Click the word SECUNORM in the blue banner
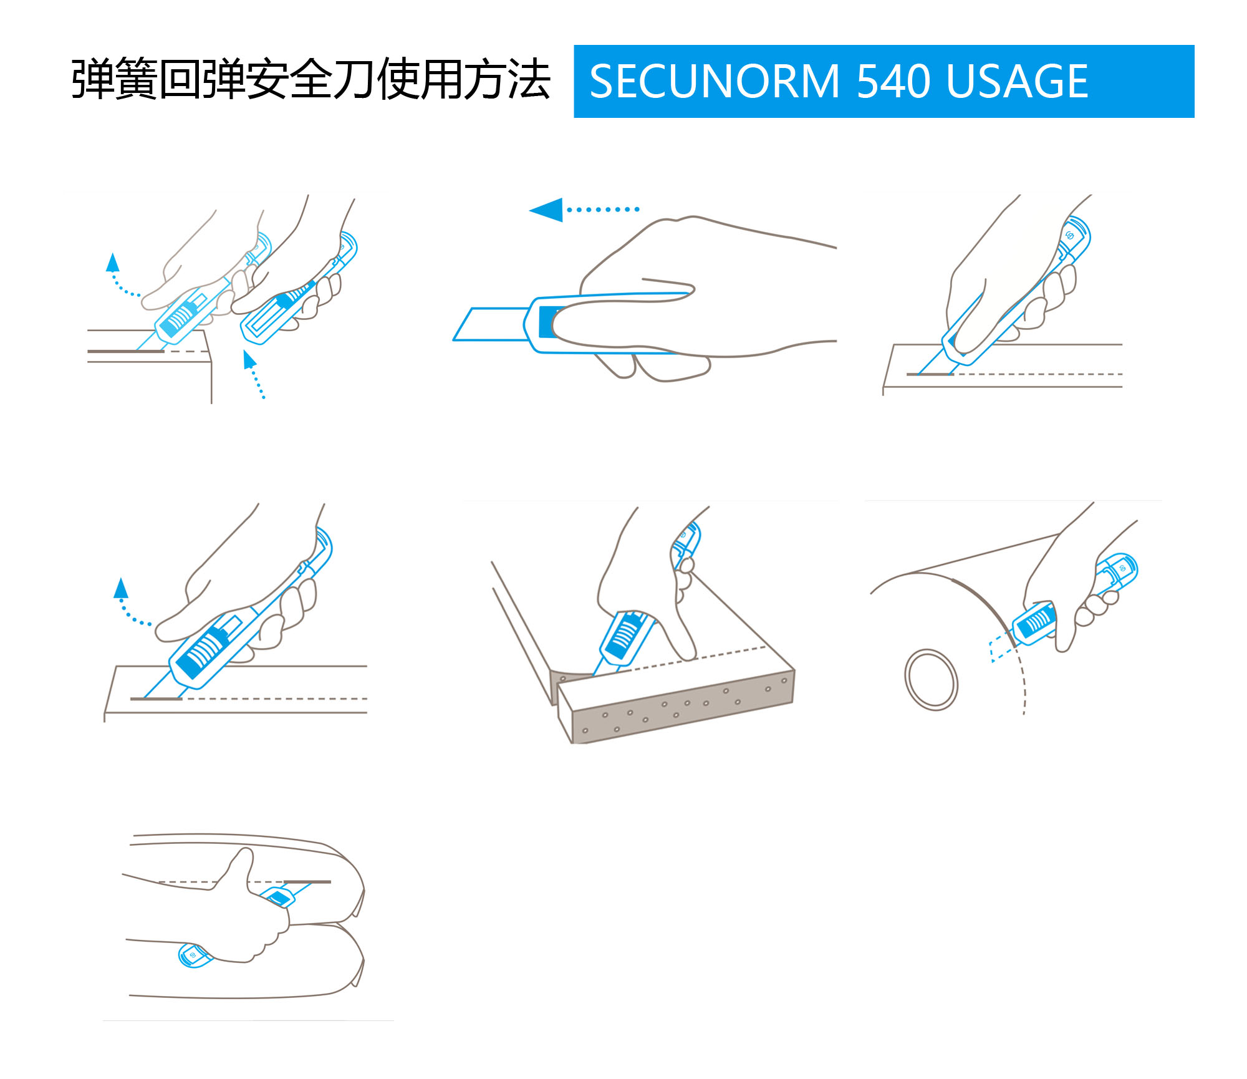coord(715,82)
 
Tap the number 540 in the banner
coord(892,82)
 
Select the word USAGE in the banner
coord(1016,82)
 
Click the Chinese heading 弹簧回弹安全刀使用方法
coord(311,80)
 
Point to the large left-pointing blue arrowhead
coord(548,210)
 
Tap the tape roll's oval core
coord(932,679)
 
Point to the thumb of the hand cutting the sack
coord(240,864)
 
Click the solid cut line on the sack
coord(307,882)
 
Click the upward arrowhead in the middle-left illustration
coord(121,588)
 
